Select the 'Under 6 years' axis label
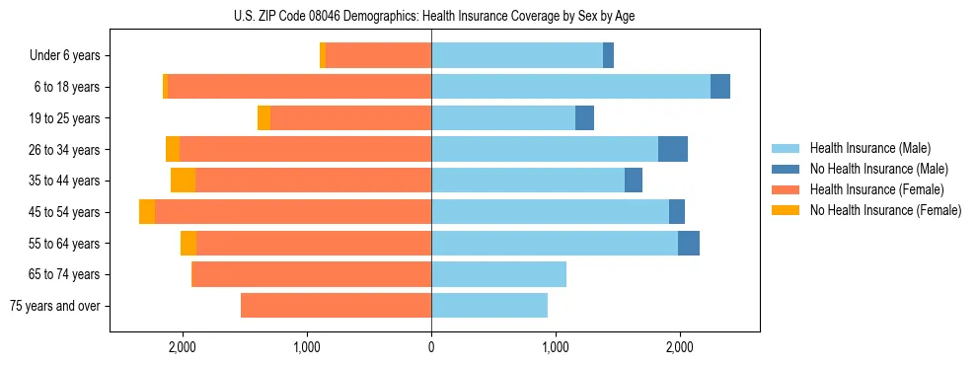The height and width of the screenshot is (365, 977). tap(70, 56)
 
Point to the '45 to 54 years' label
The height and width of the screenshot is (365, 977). tap(67, 212)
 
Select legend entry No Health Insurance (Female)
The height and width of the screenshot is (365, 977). tap(885, 210)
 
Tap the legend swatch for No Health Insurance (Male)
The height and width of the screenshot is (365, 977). tap(787, 169)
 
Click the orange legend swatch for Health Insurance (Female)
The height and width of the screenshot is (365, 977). tap(787, 189)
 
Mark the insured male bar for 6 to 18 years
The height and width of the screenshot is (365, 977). tap(570, 87)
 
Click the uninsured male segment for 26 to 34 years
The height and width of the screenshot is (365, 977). tap(673, 149)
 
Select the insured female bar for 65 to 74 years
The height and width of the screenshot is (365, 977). tap(311, 274)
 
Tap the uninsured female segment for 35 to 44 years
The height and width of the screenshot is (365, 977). tap(183, 181)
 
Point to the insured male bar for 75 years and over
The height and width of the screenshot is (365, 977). tap(489, 306)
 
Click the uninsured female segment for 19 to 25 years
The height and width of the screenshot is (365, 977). tap(263, 118)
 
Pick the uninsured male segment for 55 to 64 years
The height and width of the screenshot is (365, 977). tap(689, 243)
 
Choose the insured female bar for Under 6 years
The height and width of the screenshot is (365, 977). tap(378, 56)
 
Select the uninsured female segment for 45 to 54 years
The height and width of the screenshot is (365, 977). tap(147, 212)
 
